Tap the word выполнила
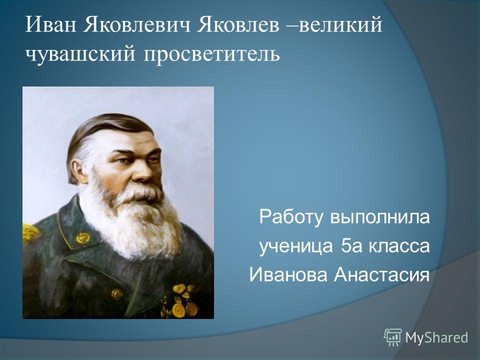pyautogui.click(x=379, y=216)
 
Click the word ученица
pyautogui.click(x=296, y=246)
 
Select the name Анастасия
pyautogui.click(x=381, y=274)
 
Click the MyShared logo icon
pyautogui.click(x=393, y=337)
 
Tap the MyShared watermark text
pyautogui.click(x=436, y=337)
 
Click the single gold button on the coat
pyautogui.click(x=117, y=294)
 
